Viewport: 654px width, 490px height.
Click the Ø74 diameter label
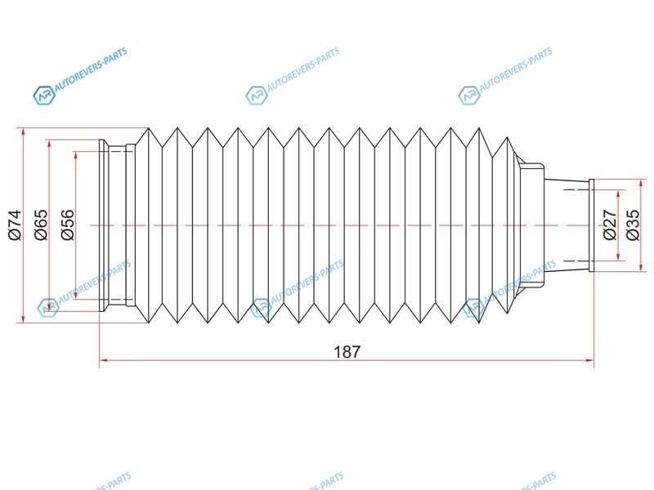tap(15, 225)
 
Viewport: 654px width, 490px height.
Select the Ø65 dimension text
tap(42, 225)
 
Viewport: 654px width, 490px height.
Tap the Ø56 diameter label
tap(68, 225)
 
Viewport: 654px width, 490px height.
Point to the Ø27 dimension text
tap(610, 225)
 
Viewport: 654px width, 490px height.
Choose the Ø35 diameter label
tap(633, 225)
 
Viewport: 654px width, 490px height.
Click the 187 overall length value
tap(347, 352)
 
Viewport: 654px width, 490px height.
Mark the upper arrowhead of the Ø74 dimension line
tap(24, 132)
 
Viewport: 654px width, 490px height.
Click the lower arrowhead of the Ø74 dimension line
tap(24, 318)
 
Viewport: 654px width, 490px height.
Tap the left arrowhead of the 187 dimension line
tap(104, 360)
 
